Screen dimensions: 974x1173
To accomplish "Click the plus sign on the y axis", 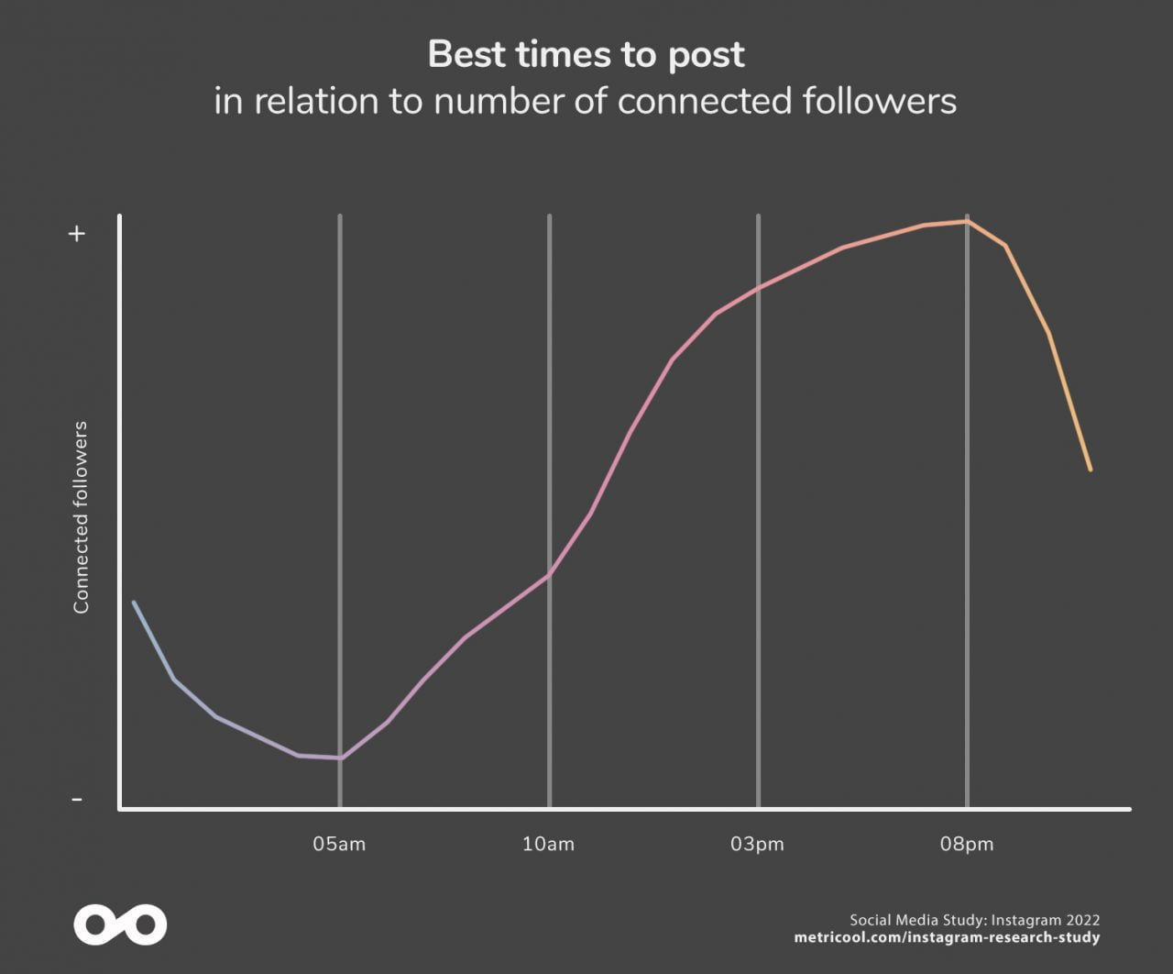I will (77, 234).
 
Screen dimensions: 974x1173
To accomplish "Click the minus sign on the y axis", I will (77, 800).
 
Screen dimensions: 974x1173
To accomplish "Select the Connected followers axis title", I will (82, 517).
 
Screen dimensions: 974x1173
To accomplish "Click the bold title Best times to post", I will (586, 54).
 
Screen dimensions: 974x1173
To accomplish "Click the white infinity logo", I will (120, 925).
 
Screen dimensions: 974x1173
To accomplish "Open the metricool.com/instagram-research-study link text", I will (946, 937).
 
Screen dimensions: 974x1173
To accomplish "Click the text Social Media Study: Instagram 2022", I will (974, 920).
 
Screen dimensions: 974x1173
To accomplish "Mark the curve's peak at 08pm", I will (967, 221).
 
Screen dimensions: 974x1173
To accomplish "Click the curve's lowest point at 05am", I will (340, 758).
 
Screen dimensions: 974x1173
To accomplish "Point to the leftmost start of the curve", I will (134, 603).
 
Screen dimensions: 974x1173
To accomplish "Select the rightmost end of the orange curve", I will (1091, 470).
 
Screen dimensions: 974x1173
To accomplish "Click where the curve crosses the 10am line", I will (549, 575).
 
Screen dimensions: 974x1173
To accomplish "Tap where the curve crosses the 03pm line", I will (758, 289).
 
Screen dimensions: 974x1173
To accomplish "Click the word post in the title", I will (706, 54).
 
